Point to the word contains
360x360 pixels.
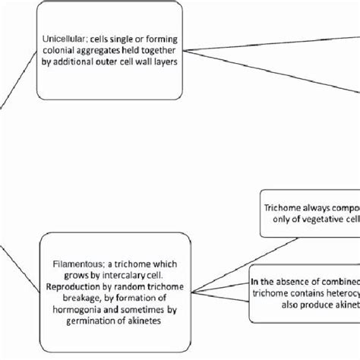[x=292, y=294]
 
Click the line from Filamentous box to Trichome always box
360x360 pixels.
[x=228, y=259]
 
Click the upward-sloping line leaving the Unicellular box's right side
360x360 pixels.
[x=266, y=38]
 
